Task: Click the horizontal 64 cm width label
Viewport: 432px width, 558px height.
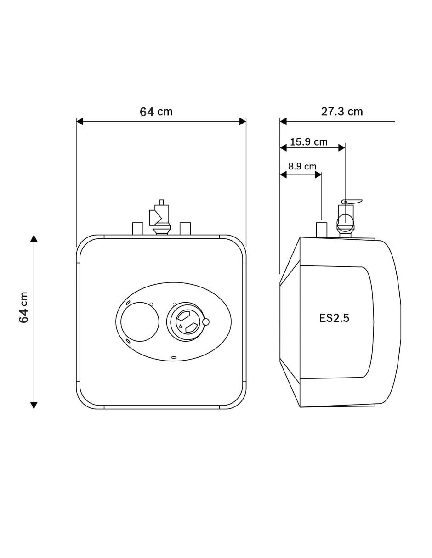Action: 156,112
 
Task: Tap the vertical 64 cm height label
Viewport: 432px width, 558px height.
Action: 23,307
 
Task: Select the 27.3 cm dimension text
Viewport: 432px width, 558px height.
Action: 342,112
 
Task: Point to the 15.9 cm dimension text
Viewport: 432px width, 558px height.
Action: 309,142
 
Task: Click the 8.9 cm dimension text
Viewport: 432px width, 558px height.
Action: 302,166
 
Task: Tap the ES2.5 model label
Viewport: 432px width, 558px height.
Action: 334,318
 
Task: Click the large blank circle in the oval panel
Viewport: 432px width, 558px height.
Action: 140,321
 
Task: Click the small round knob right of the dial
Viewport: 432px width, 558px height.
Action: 206,322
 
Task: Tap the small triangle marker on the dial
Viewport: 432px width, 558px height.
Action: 180,326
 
